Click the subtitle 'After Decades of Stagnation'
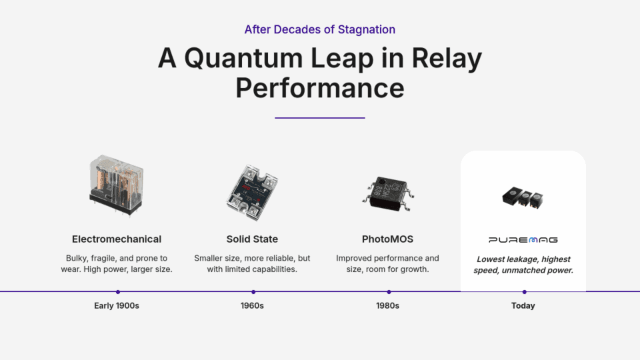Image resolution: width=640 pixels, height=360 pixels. [319, 29]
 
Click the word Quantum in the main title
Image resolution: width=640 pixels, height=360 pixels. [243, 59]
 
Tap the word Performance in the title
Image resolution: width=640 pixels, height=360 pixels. [319, 88]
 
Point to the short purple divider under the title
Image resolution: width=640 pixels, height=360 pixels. [319, 118]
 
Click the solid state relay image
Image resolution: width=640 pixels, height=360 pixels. [252, 192]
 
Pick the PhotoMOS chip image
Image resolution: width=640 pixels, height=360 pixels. [388, 193]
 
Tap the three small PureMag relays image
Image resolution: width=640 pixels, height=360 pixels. [523, 197]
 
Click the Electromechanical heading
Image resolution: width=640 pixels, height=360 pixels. [117, 239]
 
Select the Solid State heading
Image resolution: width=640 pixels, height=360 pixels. [252, 239]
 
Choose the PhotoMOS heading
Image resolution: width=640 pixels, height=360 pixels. [388, 239]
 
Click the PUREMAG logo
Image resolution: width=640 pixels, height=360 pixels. [523, 240]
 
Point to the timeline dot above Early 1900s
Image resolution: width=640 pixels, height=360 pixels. [118, 292]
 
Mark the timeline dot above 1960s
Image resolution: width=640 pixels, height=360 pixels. [253, 292]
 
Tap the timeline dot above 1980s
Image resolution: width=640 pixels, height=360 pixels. [389, 292]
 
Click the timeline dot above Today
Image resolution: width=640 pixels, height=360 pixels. [525, 292]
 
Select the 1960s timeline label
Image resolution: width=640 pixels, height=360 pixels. [252, 306]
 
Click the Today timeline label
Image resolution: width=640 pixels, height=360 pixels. [523, 306]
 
